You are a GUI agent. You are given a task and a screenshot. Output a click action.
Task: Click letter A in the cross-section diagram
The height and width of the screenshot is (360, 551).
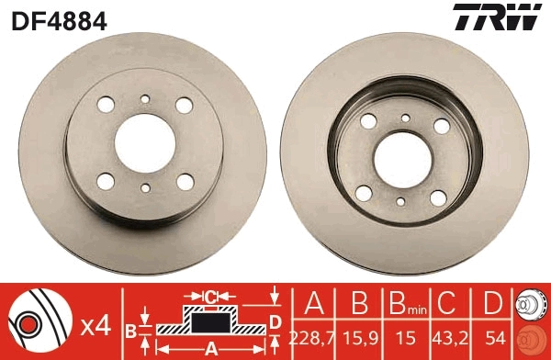(209, 348)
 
